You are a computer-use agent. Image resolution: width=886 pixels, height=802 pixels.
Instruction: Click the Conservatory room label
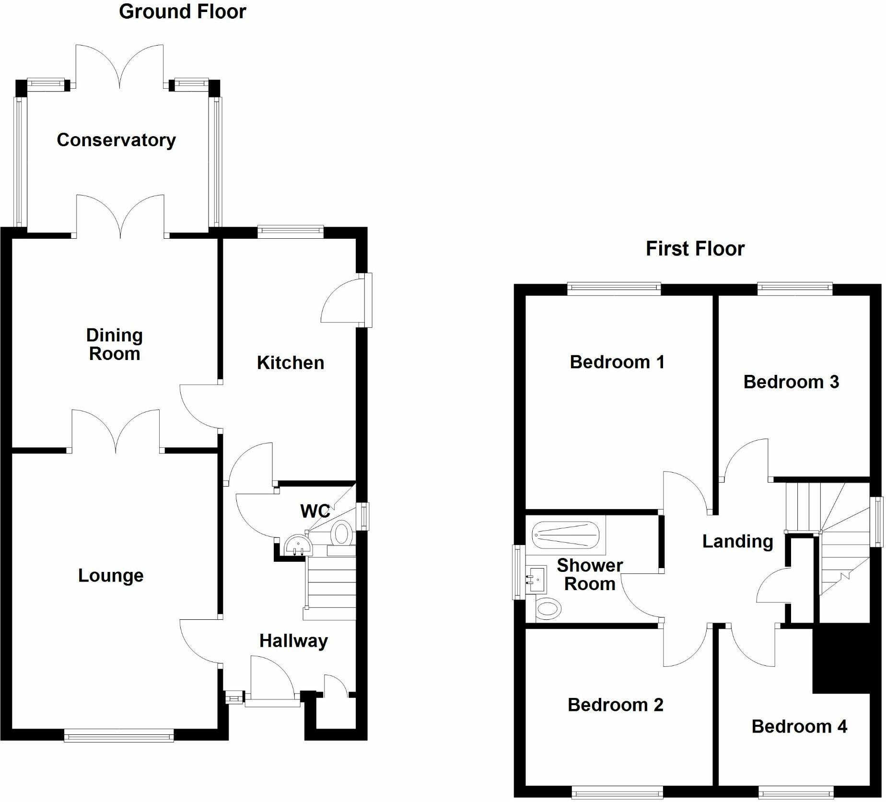[x=116, y=140]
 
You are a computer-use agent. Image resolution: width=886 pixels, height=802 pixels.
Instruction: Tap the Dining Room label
[x=115, y=345]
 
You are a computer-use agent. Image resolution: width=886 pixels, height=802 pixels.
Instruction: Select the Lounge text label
[x=111, y=575]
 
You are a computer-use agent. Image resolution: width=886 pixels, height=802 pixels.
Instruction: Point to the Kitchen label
[x=291, y=363]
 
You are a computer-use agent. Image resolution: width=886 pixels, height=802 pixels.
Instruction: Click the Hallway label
[x=293, y=641]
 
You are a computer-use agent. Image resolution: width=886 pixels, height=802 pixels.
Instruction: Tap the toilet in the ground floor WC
[x=341, y=534]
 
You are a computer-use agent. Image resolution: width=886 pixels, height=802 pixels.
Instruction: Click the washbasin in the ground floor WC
[x=298, y=546]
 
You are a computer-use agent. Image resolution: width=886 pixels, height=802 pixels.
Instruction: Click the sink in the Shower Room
[x=536, y=580]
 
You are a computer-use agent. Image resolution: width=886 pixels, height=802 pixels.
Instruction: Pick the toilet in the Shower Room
[x=548, y=609]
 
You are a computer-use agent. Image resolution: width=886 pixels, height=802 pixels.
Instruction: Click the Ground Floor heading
[x=183, y=12]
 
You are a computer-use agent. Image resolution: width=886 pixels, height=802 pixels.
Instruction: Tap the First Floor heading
[x=695, y=249]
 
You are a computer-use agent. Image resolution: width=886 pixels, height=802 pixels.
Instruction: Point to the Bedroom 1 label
[x=617, y=362]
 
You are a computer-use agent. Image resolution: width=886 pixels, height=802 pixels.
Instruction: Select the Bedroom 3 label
[x=791, y=382]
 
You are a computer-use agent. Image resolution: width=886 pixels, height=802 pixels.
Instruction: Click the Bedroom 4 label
[x=799, y=726]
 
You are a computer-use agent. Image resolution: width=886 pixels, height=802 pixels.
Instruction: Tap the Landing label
[x=737, y=542]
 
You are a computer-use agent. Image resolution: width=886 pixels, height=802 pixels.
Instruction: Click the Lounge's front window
[x=119, y=736]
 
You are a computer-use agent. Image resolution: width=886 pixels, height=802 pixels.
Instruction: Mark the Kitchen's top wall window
[x=291, y=232]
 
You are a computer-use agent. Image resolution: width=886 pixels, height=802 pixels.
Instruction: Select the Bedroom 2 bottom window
[x=618, y=793]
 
